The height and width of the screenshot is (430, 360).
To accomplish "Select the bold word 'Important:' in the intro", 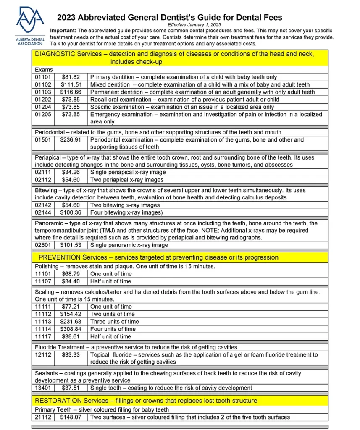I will tap(63, 31).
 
